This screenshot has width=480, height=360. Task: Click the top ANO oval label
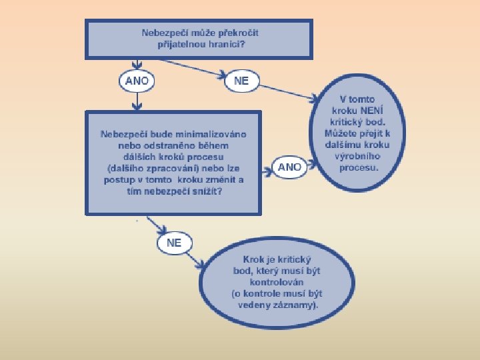point(137,81)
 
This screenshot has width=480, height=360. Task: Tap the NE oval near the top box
point(241,81)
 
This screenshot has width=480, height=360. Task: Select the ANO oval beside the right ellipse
point(289,167)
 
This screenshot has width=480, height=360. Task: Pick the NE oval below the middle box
point(174,243)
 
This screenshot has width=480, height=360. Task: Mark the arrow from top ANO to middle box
point(137,101)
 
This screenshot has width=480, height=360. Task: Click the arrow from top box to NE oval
point(193,69)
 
